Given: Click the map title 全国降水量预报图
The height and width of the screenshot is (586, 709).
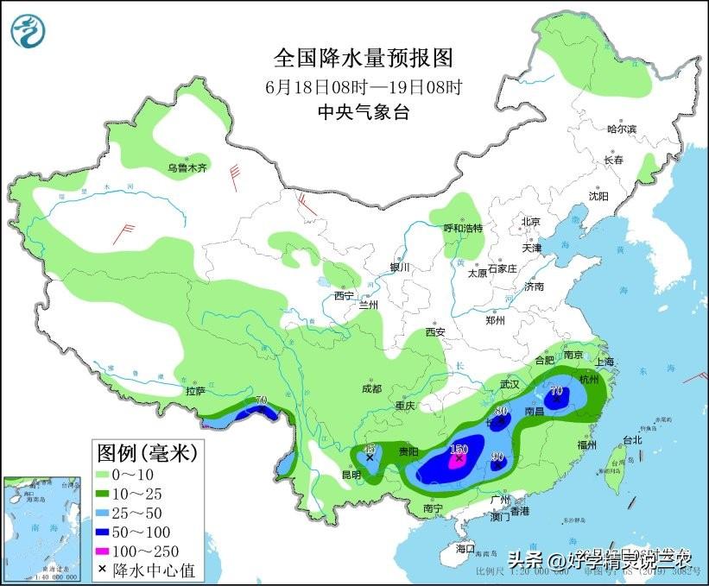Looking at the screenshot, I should pos(363,58).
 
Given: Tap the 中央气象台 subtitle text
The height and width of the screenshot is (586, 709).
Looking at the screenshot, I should pos(363,111).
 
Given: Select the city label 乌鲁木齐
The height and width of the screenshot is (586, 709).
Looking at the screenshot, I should pos(187,168).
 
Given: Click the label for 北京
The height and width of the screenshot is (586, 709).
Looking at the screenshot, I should pos(530,222).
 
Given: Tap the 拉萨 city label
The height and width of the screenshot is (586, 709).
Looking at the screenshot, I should pos(194,391).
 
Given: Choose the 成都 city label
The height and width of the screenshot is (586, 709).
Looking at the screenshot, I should pos(372,388).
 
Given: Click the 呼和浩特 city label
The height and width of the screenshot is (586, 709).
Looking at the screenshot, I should pos(463,229).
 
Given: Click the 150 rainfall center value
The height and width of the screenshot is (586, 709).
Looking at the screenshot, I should pos(459,449).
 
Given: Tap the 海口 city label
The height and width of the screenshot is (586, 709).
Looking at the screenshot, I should pos(465,548).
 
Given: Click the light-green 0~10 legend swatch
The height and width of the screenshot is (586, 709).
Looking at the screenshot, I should pos(110,476).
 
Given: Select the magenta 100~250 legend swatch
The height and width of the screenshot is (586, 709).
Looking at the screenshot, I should pos(110,550).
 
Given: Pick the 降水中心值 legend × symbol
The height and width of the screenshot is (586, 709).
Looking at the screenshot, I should pos(104,569).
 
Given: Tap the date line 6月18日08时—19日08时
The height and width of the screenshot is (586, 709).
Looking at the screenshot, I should pos(363,86).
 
